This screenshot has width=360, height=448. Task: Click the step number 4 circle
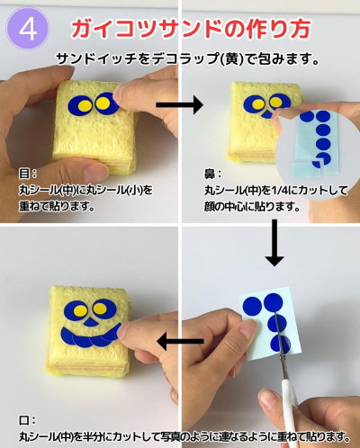(28, 29)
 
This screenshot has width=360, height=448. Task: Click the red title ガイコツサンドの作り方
(191, 29)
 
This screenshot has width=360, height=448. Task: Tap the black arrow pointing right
(180, 104)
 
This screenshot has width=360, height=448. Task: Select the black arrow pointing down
(274, 243)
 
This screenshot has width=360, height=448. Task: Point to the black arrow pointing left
(180, 341)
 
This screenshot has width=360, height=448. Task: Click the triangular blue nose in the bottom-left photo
(89, 322)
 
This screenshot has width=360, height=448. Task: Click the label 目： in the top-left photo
(28, 174)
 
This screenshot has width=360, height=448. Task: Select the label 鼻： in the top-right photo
(213, 174)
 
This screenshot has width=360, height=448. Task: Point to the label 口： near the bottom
(28, 420)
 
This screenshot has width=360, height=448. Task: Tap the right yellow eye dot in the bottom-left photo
(100, 309)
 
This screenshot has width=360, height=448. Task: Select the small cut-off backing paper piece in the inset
(306, 168)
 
